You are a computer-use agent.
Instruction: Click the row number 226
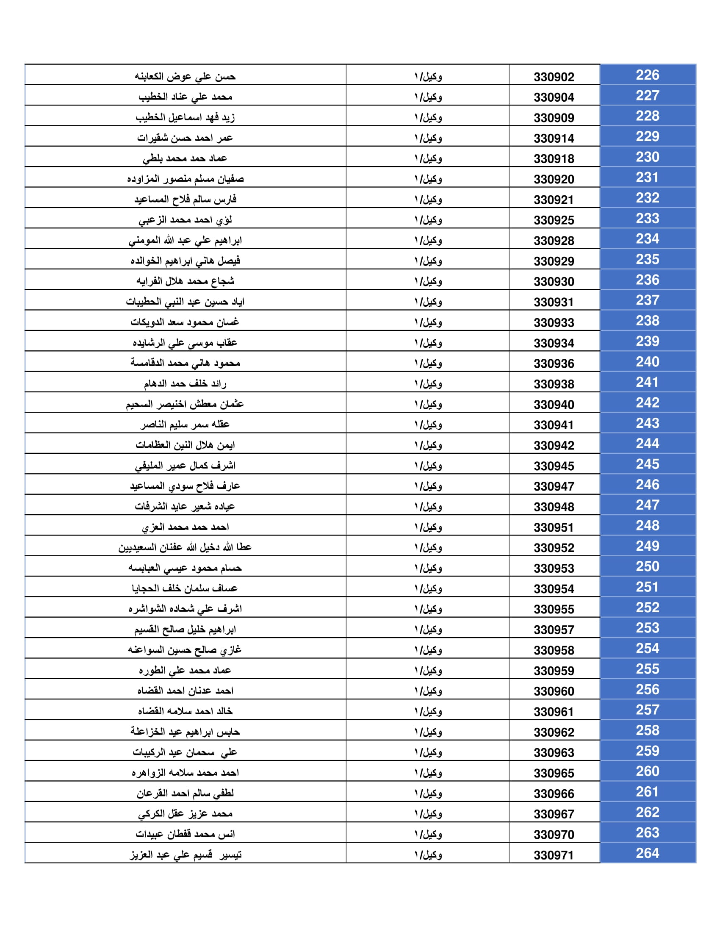[647, 75]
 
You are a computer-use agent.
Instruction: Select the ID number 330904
[554, 97]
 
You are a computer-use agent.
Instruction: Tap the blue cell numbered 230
[647, 157]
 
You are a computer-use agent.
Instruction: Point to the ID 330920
[554, 179]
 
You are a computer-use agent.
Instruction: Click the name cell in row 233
[185, 220]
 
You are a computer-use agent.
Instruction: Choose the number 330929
[554, 261]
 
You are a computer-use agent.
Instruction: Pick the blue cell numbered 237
[647, 300]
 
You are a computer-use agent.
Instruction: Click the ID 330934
[554, 343]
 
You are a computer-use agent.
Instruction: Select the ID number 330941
[554, 425]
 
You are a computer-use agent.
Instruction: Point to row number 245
[647, 464]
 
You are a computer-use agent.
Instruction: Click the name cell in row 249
[185, 547]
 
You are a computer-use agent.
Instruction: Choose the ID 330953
[554, 569]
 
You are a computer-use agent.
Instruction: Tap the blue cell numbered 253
[647, 628]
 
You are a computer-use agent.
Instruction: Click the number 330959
[554, 671]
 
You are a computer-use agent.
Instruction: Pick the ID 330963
[554, 753]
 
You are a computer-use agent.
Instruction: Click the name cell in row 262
[185, 813]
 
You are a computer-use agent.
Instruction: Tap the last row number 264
[647, 853]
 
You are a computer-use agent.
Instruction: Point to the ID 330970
[554, 835]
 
